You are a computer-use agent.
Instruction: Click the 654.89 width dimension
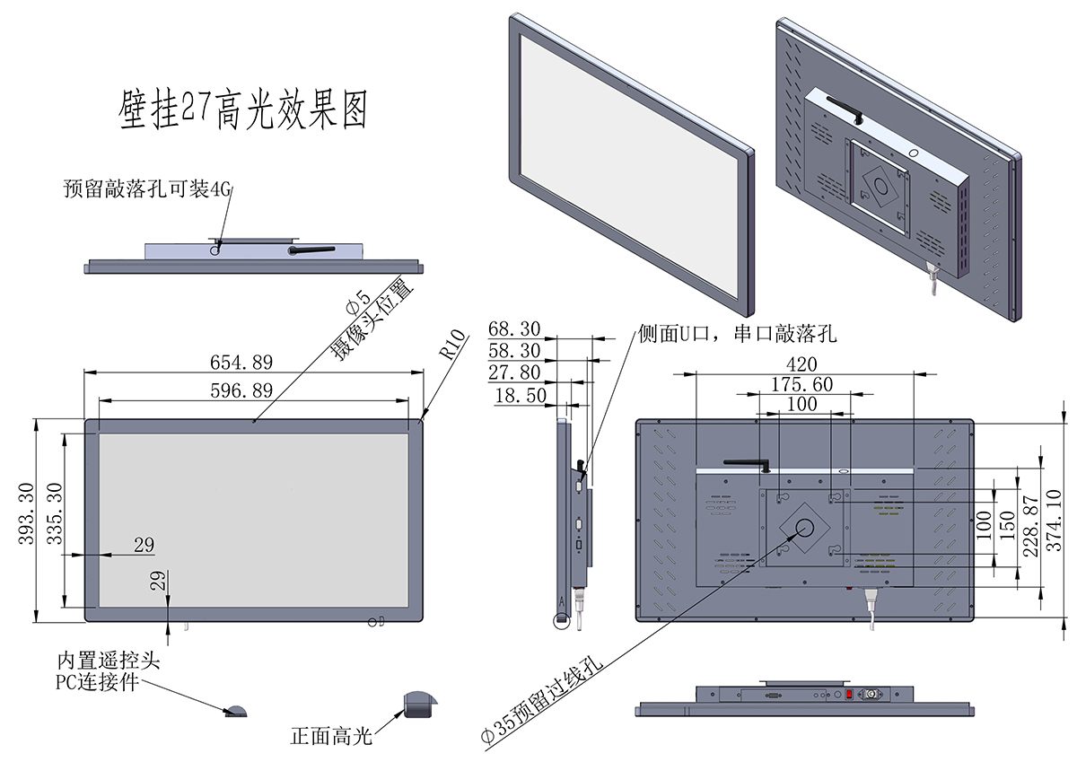tap(241, 362)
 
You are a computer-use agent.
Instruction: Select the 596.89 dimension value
tap(241, 390)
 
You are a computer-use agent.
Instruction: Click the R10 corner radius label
tap(453, 345)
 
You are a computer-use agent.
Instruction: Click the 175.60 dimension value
tap(801, 384)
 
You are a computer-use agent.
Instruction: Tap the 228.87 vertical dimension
tap(1032, 529)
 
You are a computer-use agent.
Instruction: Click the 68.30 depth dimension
tap(514, 328)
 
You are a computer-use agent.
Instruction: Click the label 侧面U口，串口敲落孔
tap(737, 335)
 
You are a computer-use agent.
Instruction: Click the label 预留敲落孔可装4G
tap(148, 188)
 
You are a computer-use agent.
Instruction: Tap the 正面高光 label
tap(330, 737)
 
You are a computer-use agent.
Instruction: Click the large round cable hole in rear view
tap(804, 527)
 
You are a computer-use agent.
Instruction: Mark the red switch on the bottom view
tap(849, 695)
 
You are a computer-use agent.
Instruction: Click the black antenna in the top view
tap(311, 250)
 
